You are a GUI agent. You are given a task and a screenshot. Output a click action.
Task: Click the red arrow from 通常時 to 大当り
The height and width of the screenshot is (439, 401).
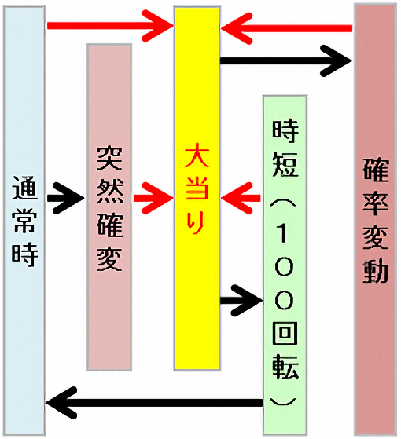coord(110,26)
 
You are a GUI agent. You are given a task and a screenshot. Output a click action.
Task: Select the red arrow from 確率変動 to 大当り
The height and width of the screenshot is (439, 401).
coord(286,28)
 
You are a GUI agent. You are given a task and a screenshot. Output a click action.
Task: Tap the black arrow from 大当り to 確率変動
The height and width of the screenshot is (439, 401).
coord(286,60)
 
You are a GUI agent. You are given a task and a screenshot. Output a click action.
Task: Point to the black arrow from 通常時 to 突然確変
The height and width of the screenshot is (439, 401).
coord(65,198)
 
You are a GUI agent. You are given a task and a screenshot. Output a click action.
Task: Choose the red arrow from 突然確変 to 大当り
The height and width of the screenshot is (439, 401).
coord(153,198)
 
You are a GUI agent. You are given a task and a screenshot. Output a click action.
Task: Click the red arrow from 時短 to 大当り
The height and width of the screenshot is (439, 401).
coord(241,198)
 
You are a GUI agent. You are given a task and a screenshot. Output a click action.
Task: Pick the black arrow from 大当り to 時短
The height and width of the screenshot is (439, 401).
coord(241,301)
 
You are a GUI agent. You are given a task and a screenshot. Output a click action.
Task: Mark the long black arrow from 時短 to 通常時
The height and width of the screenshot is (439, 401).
coord(154,403)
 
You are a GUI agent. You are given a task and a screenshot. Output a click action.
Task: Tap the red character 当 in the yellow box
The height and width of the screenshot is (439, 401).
coord(197,188)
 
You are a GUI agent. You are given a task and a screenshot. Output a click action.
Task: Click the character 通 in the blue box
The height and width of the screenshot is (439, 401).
coord(24,188)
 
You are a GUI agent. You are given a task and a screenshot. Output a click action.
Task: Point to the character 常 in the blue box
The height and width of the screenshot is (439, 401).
coord(24,221)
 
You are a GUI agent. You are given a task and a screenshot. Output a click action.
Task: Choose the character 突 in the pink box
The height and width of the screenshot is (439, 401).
coord(109,158)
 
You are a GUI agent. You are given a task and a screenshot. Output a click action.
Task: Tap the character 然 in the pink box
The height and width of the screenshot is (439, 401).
coord(109,192)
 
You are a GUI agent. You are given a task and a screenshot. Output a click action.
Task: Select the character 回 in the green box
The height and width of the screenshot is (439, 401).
coord(285,334)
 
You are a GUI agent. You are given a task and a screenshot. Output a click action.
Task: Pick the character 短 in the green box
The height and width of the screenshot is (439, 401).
coord(285,164)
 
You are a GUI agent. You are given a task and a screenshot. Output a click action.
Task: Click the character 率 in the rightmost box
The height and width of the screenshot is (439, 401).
coord(376,204)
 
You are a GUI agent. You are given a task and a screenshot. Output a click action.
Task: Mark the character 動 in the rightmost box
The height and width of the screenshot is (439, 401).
coord(376,271)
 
